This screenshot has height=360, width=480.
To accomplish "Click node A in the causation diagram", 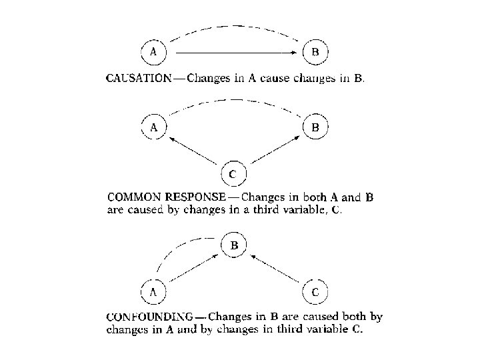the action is tap(154, 51).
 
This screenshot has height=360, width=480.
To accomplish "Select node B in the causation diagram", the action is tap(315, 51).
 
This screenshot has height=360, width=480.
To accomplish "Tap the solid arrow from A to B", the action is tap(233, 51).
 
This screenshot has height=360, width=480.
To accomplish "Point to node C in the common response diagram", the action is tap(232, 175).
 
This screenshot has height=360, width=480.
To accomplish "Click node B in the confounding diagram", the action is tap(234, 245).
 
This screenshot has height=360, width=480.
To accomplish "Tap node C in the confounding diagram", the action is tap(315, 291).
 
